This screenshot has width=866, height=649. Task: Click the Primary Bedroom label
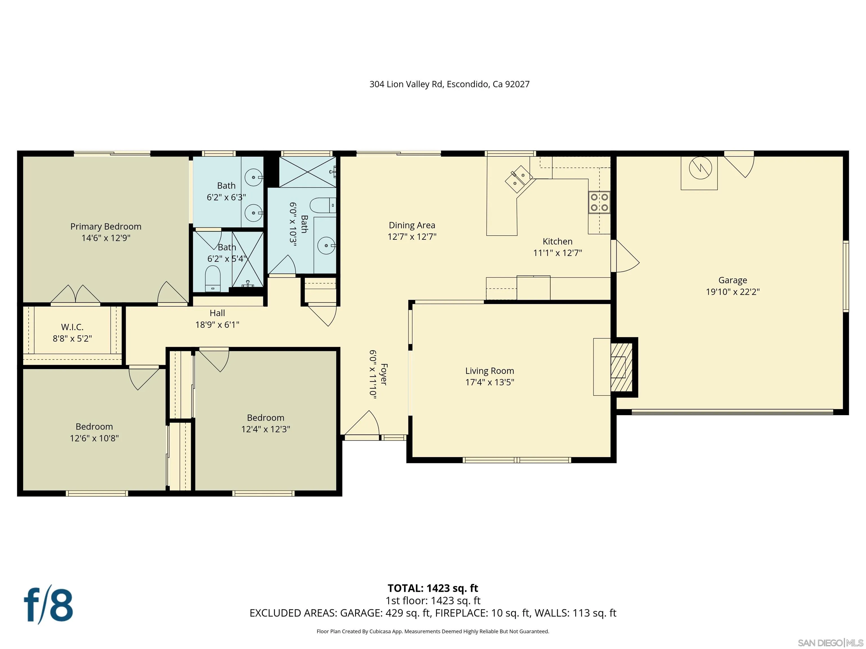106,226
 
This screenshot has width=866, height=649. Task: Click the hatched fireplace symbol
621,367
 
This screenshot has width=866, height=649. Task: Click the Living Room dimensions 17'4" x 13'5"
489,382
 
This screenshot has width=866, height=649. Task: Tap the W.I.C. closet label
72,327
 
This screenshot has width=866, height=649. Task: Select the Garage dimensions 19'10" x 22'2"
732,292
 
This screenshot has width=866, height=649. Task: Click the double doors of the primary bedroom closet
76,294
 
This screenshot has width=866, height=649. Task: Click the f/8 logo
48,605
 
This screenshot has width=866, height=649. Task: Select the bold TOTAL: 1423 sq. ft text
433,588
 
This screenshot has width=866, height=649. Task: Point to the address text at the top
449,84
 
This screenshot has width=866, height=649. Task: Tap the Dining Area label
412,225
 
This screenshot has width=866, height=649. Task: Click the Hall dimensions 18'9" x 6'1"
217,324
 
